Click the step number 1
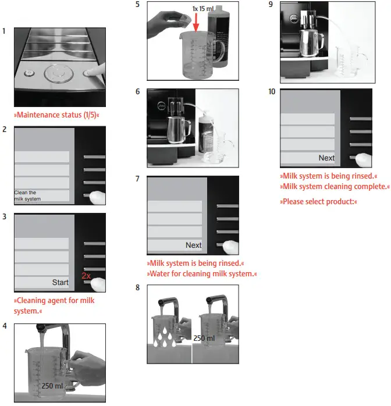click(4, 30)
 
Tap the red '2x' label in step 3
click(86, 275)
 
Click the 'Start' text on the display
click(60, 283)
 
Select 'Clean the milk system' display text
click(27, 195)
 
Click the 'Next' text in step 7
click(193, 245)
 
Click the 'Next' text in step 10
click(326, 158)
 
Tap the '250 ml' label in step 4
click(52, 385)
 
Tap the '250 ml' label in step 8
click(204, 338)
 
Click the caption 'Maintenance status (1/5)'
click(56, 115)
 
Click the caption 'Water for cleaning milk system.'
click(201, 273)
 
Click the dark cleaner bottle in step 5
click(224, 44)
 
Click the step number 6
click(137, 92)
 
